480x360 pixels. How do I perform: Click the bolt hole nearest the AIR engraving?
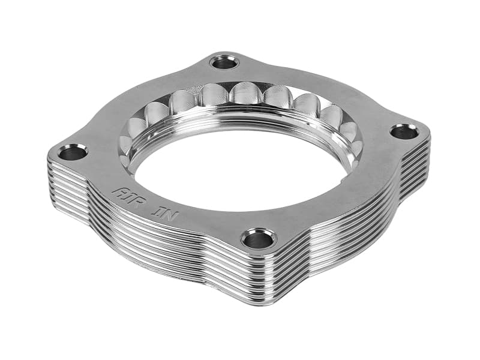point(73,152)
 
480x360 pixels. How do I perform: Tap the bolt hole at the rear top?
point(225,61)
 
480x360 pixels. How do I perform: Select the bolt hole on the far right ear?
point(404,131)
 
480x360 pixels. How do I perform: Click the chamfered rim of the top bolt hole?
point(225,55)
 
